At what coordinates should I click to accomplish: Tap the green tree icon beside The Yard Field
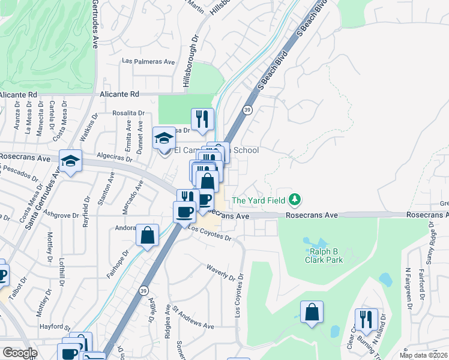294,200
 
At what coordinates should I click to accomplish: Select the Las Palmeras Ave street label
148,61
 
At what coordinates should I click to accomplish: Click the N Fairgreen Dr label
408,284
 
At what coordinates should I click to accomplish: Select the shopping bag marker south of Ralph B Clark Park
312,312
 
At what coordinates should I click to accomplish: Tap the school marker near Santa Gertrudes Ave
71,161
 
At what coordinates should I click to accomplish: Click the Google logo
19,353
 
